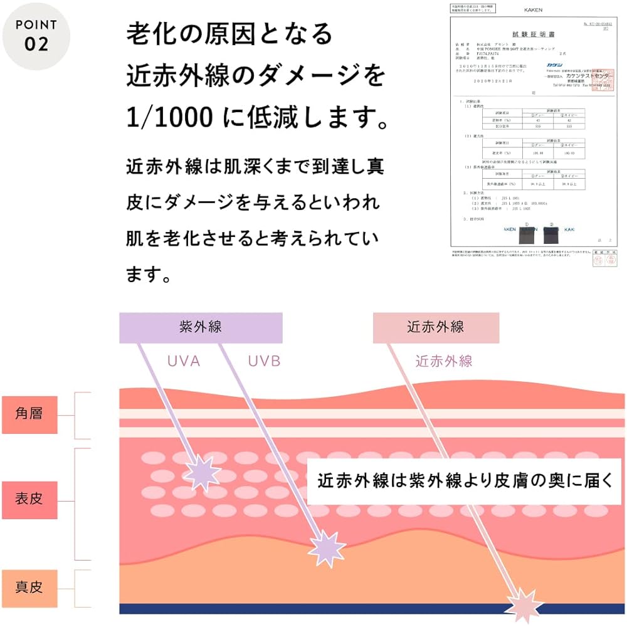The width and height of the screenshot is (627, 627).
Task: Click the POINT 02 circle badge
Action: [36, 36]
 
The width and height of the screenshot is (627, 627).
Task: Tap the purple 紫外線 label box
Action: [201, 327]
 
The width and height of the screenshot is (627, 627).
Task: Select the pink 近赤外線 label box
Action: [435, 327]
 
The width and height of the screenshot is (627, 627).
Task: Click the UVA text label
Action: [184, 361]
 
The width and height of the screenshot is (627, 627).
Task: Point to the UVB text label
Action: [263, 361]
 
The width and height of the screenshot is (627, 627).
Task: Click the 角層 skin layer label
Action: [29, 413]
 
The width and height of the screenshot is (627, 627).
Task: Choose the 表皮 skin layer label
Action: [29, 500]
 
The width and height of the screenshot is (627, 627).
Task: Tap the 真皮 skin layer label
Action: [29, 587]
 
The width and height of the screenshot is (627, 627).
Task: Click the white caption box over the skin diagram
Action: [464, 482]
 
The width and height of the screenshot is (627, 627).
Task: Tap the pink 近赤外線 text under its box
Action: [444, 361]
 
